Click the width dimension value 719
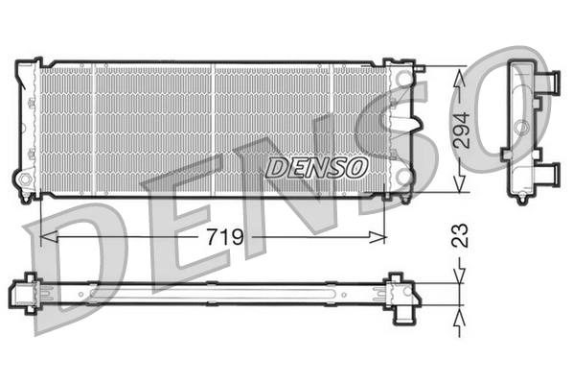(x=221, y=235)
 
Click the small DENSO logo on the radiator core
(x=316, y=167)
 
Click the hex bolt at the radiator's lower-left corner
(x=22, y=180)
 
